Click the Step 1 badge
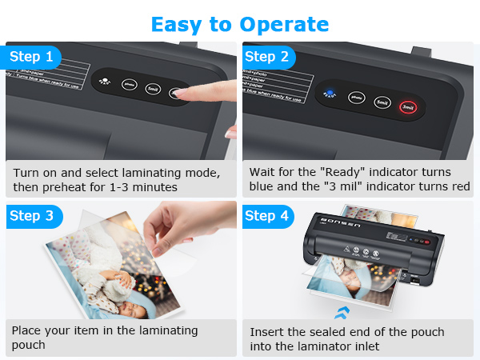(32, 57)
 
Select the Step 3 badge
(32, 216)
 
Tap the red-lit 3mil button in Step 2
(408, 106)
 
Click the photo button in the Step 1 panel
(128, 82)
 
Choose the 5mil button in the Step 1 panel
(153, 88)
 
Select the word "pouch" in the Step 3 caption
(29, 346)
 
